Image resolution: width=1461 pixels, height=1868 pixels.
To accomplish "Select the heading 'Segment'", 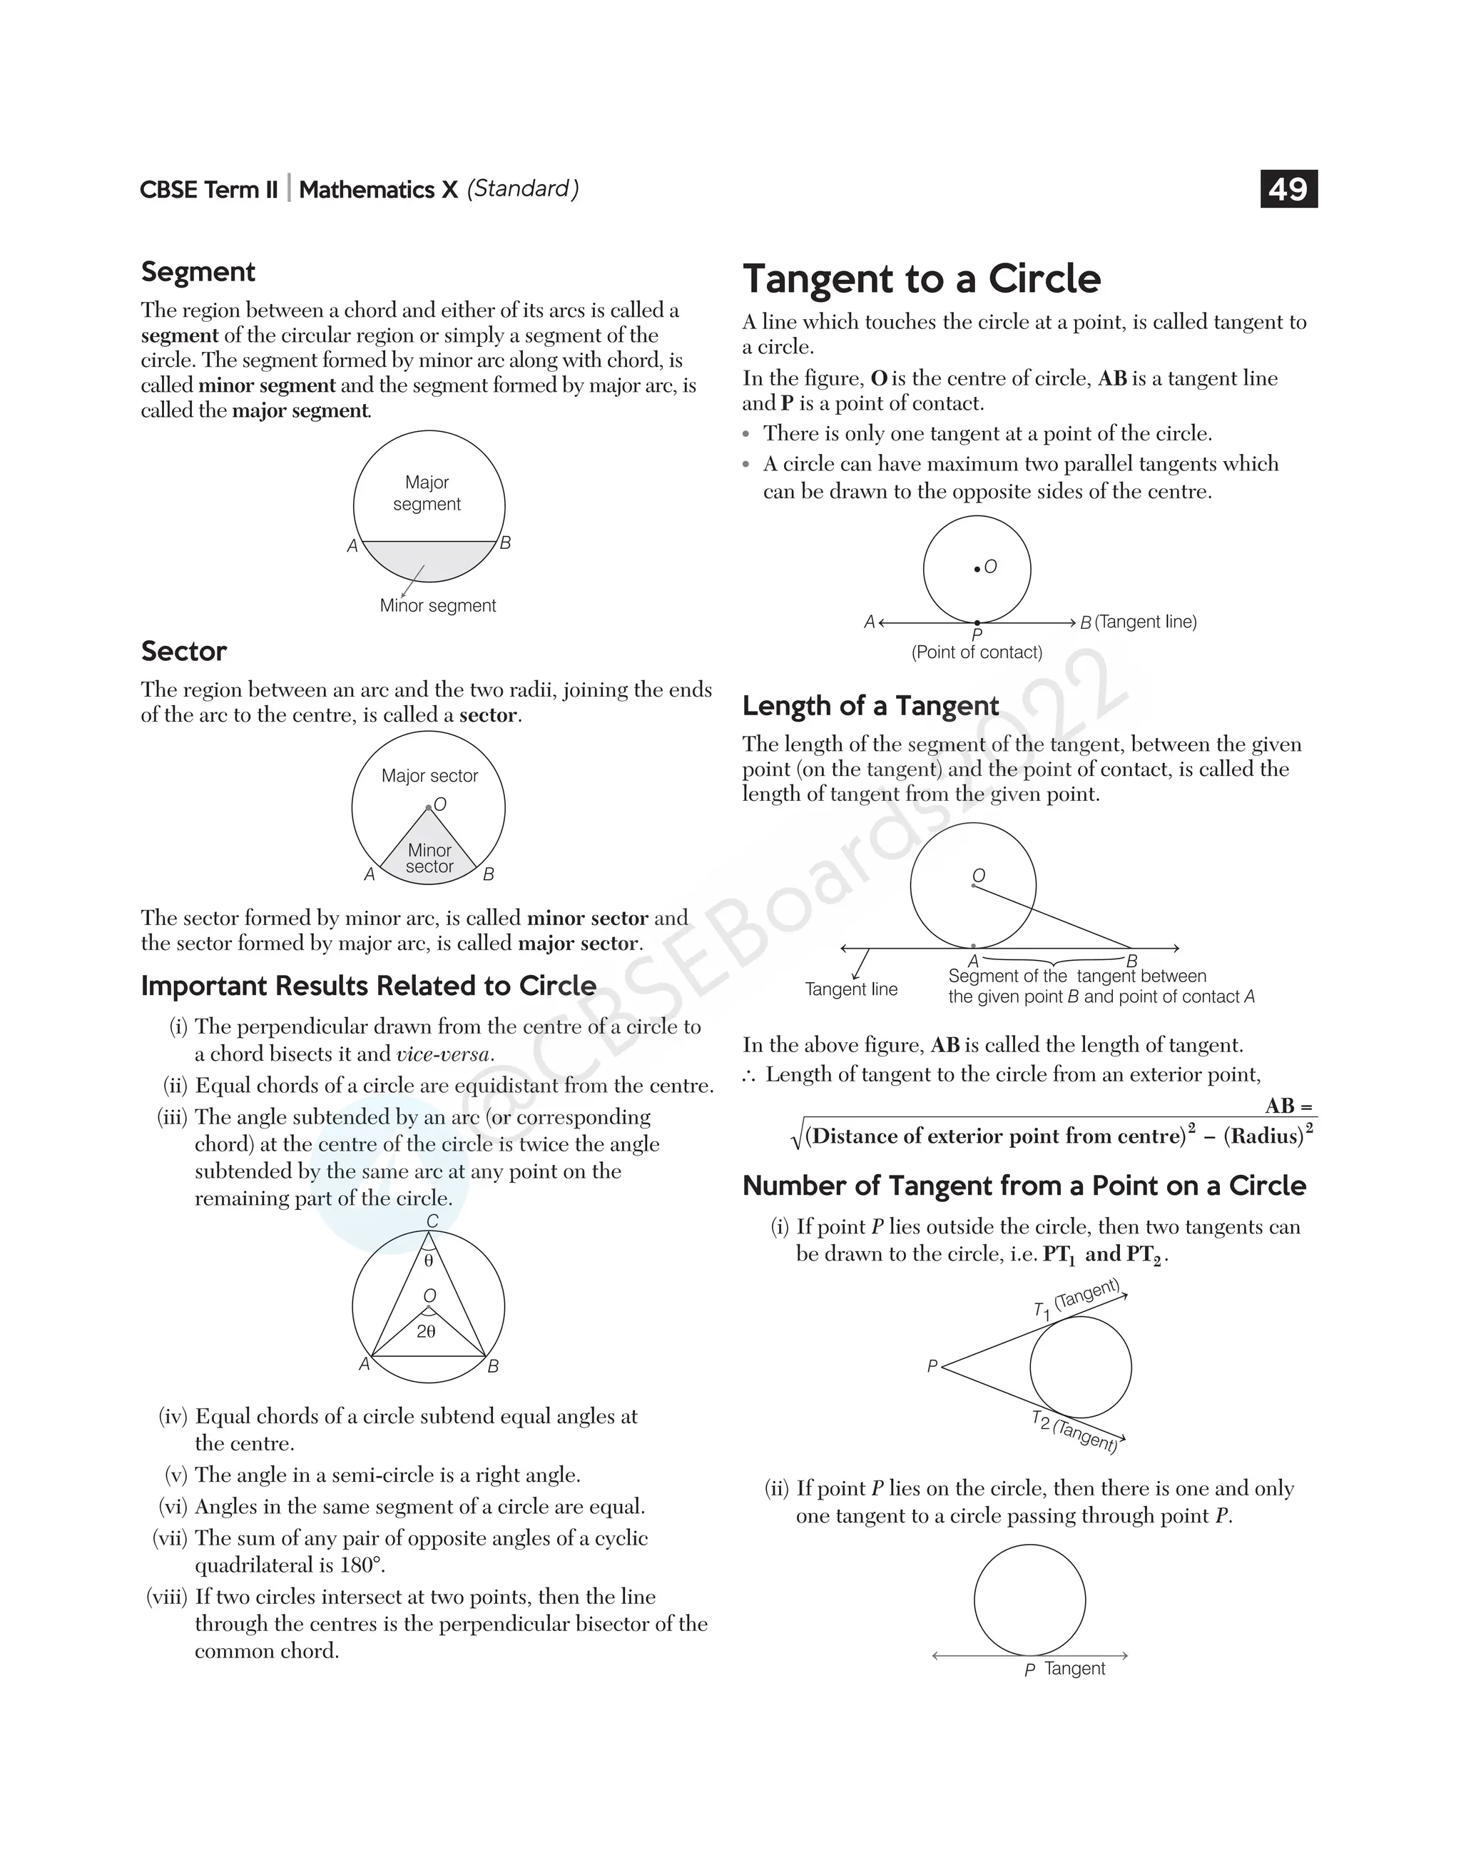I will [x=198, y=272].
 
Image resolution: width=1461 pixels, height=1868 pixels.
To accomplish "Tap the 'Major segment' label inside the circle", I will [x=427, y=494].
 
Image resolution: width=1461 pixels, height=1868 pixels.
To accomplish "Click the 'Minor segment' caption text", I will [x=437, y=606].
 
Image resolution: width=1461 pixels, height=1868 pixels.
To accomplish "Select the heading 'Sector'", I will [x=183, y=652].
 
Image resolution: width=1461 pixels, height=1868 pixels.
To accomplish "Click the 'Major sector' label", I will [x=429, y=776].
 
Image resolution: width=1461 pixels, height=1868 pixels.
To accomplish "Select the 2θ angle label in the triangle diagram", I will [x=426, y=1333].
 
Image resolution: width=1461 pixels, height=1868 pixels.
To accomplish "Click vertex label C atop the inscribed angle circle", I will [x=432, y=1222].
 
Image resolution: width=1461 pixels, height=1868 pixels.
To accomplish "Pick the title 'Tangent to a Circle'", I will [x=921, y=279].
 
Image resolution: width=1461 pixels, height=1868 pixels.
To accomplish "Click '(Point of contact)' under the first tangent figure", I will [x=977, y=653].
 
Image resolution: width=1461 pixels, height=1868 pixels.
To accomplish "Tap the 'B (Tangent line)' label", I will [x=1138, y=622].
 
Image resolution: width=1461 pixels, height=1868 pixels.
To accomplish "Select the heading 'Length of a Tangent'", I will [x=870, y=706].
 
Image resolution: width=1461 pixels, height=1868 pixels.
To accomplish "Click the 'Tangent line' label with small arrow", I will [x=851, y=990].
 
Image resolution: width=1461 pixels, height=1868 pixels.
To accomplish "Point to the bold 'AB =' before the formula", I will [x=1288, y=1106].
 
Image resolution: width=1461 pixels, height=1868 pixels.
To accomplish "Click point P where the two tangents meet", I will [x=940, y=1366].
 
